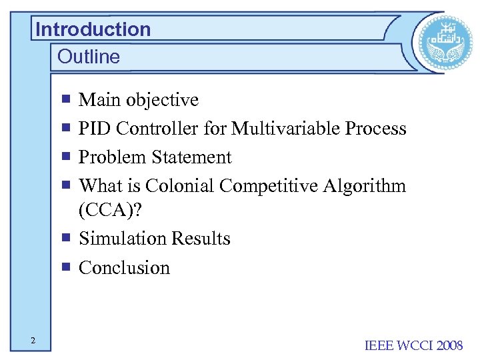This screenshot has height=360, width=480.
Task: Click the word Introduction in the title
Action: tap(93, 29)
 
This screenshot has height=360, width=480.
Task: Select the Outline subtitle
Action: tap(89, 57)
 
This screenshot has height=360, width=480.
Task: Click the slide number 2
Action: tap(32, 341)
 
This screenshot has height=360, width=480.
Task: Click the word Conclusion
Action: tap(124, 268)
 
